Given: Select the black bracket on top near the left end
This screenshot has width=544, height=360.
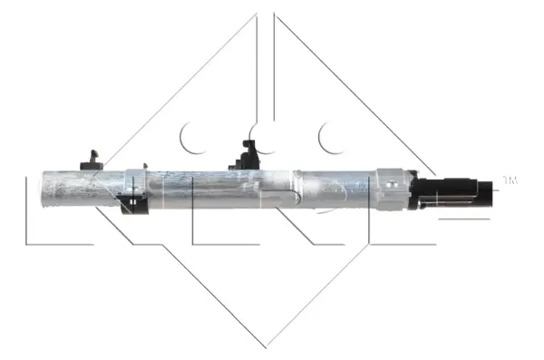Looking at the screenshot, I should (91, 161).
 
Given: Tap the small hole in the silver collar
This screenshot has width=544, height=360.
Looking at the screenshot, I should (391, 182).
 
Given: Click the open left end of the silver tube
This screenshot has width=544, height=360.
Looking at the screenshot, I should (46, 191).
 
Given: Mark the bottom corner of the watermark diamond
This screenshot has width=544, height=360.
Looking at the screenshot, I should (266, 345).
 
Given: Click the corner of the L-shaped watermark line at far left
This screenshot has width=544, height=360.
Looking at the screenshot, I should (27, 243).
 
